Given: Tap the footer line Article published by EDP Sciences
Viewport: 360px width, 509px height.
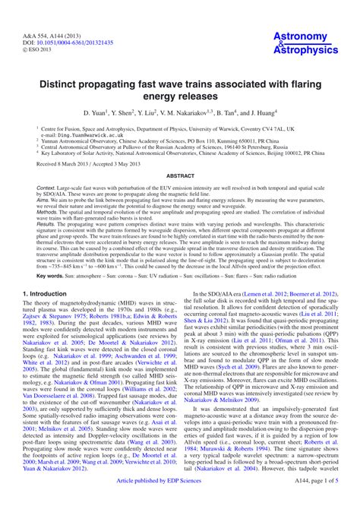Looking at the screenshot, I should click(x=180, y=503).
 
